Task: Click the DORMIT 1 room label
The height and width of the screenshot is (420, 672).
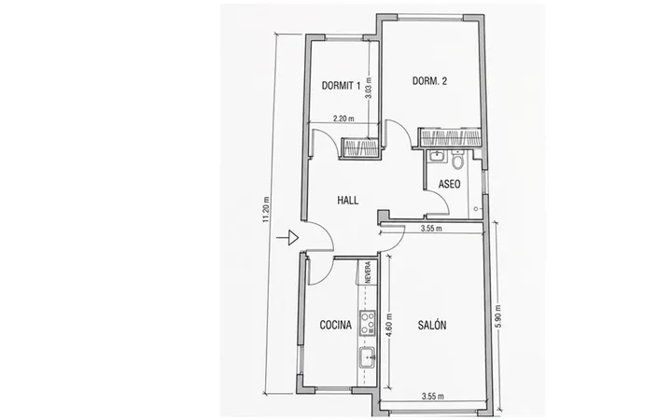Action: pos(341,86)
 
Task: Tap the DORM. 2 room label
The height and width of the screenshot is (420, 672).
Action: pos(429,81)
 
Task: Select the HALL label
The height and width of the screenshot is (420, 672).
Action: pos(347,200)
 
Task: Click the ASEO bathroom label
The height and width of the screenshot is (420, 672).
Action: pos(450,184)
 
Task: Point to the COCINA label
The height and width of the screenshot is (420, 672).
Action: pos(336,325)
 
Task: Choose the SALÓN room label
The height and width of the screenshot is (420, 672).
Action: pos(432,325)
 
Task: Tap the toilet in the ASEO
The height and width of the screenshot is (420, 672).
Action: pos(457,160)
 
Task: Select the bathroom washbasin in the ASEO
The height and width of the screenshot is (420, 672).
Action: pos(437,156)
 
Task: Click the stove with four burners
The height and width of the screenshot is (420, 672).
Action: pos(368,323)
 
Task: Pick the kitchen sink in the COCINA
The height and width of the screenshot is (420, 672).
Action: pos(368,357)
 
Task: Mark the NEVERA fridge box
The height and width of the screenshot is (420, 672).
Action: pos(368,272)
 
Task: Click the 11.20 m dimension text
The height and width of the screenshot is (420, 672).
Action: pos(266,210)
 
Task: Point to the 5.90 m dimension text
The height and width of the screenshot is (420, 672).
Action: pos(497,316)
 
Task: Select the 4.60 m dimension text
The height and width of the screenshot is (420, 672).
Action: pos(389,326)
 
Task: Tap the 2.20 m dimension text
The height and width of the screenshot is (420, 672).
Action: pos(343,119)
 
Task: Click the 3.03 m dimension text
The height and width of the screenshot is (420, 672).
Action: pos(369,89)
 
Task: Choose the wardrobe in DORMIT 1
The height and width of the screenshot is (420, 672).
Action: pos(359,147)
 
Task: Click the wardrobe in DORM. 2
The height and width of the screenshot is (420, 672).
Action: pos(449,137)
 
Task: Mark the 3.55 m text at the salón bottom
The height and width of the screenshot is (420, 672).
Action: pos(432,396)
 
